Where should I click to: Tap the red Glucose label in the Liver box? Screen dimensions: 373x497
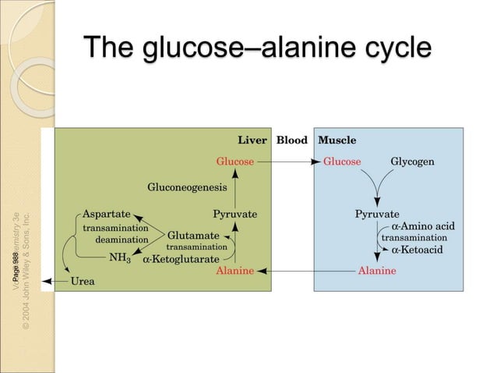[235, 162]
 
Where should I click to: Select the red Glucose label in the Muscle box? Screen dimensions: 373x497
[342, 162]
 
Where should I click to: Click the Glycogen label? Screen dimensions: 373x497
[412, 162]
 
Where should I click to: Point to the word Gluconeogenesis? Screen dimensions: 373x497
[187, 187]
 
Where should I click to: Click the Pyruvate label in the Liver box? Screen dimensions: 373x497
[234, 213]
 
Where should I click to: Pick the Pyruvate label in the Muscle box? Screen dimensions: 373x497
[377, 213]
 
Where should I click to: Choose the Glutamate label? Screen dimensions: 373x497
[192, 234]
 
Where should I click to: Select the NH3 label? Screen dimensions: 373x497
[119, 256]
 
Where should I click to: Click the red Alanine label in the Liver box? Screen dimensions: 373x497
[235, 271]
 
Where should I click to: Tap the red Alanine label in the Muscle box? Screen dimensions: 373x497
[377, 271]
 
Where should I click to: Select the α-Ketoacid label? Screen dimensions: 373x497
[420, 250]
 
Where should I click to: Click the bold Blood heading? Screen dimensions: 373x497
[292, 140]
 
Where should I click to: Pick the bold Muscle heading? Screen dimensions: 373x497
[337, 140]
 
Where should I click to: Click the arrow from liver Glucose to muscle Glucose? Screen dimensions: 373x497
[288, 162]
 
